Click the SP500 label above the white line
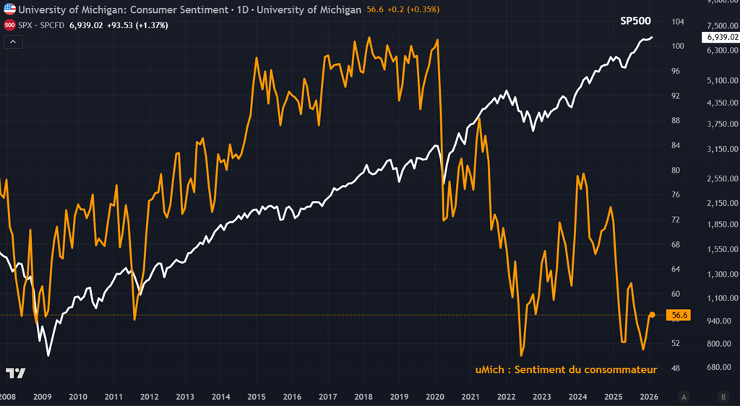click(x=637, y=22)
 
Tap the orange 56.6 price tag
click(x=679, y=315)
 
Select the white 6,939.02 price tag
click(x=718, y=36)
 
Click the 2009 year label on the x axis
click(x=43, y=397)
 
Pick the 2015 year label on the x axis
click(x=257, y=397)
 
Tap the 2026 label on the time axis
click(x=647, y=397)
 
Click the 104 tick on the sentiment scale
click(x=679, y=22)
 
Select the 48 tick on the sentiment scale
click(x=676, y=368)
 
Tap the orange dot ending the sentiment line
click(x=652, y=314)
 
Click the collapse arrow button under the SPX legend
click(x=13, y=42)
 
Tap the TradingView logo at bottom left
click(x=15, y=373)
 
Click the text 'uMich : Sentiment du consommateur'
click(x=566, y=370)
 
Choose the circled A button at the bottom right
click(x=683, y=397)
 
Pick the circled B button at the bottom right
click(x=723, y=397)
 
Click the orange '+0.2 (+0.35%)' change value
click(x=413, y=9)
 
